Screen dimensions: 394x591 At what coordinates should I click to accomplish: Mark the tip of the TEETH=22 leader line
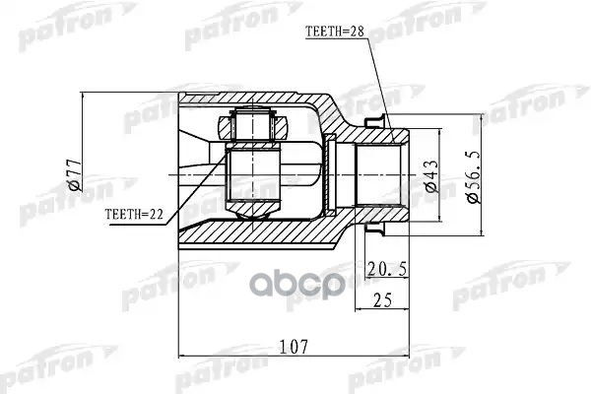tap(229, 169)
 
